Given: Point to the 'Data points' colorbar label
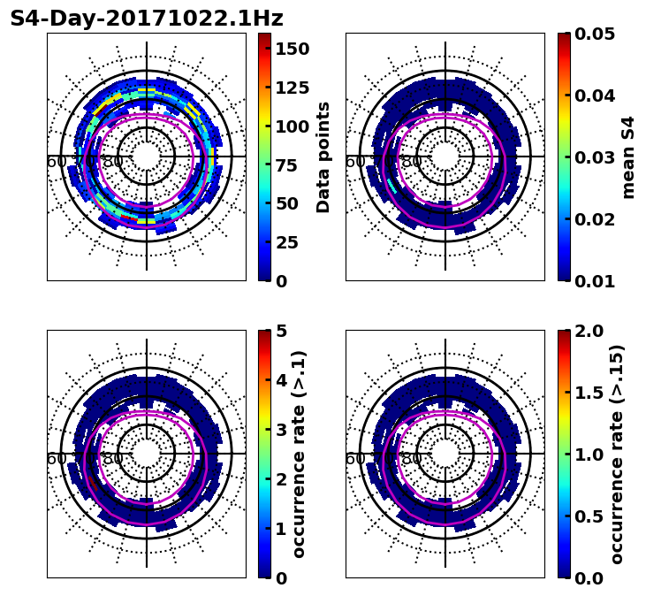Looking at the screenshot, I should (323, 157).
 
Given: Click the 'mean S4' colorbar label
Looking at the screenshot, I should (628, 157).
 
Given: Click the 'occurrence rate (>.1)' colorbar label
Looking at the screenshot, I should (299, 454).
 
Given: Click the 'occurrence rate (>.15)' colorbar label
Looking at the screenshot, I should (617, 454).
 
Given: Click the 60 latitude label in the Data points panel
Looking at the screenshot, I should (56, 162).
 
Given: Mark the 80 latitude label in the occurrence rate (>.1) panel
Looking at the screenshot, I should (112, 459).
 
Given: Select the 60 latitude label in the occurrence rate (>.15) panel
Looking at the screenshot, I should (354, 459).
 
